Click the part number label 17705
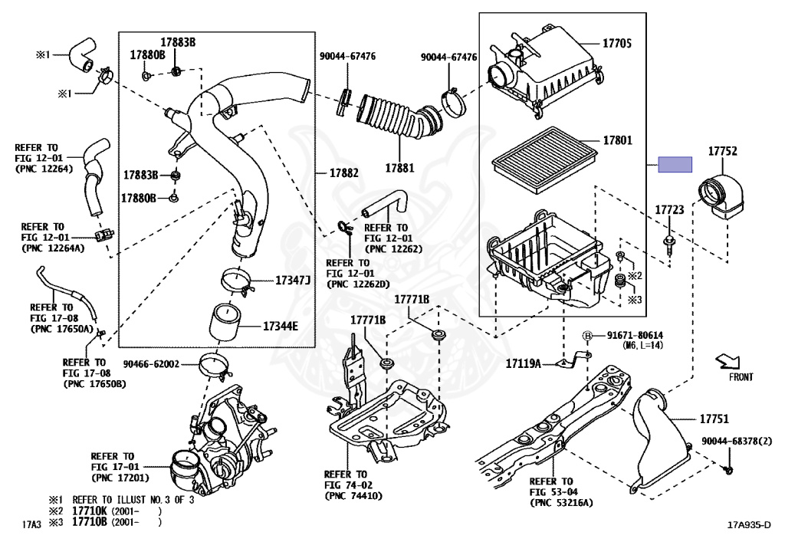(x=617, y=44)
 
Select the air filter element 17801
(x=544, y=156)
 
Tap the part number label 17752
(x=721, y=152)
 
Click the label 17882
(x=344, y=173)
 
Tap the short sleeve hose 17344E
(x=226, y=326)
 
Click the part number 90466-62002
(x=150, y=364)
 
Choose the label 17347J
(x=293, y=281)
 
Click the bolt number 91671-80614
(x=635, y=336)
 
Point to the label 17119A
(x=523, y=363)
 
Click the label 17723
(x=668, y=209)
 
